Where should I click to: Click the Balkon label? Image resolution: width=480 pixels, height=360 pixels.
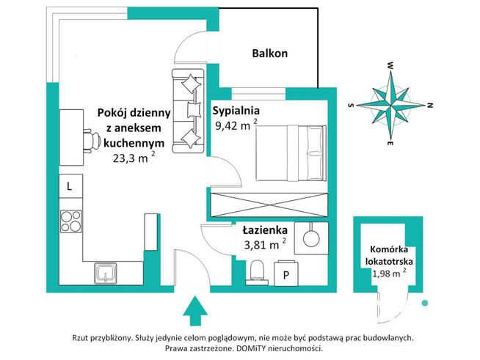269,54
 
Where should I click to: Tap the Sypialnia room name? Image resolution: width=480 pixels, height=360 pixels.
236,111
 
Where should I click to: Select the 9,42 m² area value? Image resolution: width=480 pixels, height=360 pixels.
236,125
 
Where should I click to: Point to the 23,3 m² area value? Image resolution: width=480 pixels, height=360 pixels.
134,158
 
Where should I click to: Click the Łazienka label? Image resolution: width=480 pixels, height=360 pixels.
265,230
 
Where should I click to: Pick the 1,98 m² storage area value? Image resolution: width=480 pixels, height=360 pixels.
389,273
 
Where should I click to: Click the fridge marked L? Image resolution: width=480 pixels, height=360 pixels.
70,186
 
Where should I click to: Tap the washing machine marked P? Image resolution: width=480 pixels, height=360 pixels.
286,274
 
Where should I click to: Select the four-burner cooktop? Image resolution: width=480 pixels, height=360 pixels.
71,221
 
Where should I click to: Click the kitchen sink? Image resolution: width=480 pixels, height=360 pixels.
105,273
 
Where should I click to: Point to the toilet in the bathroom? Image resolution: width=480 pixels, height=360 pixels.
257,272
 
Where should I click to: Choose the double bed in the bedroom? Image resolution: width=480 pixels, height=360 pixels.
291,153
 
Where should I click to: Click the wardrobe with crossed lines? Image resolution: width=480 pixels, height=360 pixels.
269,205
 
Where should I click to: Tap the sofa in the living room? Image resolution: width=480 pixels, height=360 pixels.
188,111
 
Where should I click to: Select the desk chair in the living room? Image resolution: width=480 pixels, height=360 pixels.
92,141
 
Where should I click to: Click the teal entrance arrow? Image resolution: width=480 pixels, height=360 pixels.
195,310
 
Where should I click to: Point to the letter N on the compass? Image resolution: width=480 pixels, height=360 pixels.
430,106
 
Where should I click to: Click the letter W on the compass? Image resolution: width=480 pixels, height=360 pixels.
390,65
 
